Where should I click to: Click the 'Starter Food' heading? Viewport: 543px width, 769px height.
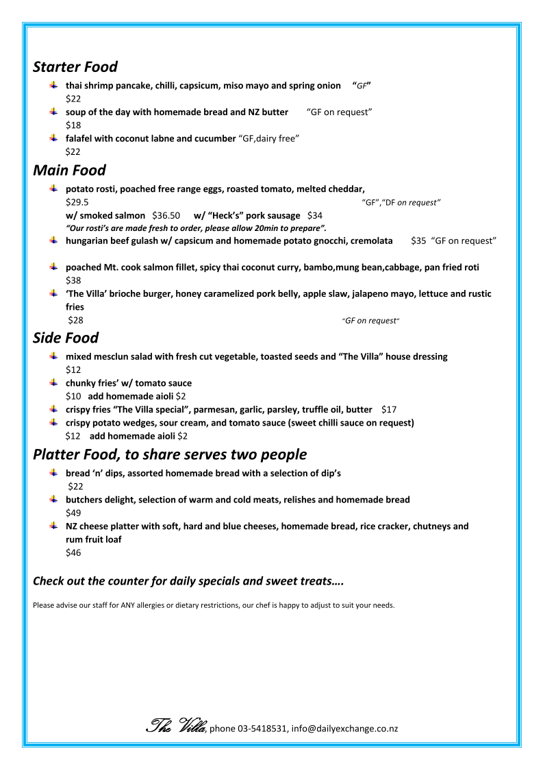tap(75, 67)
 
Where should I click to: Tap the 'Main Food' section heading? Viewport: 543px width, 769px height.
tap(69, 169)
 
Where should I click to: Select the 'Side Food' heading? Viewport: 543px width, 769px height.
tap(66, 338)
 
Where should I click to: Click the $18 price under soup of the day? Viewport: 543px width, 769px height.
tap(73, 125)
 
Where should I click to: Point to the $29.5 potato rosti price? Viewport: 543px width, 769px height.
tap(77, 202)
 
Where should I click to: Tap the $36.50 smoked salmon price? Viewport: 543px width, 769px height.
tap(166, 215)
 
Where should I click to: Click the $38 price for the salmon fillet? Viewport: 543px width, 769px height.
tap(73, 280)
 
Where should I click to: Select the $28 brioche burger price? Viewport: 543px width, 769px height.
tap(75, 319)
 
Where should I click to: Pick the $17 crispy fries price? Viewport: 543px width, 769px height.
tap(389, 409)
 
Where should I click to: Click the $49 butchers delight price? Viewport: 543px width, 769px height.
tap(73, 513)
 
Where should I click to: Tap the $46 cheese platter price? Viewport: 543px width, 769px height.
tap(73, 552)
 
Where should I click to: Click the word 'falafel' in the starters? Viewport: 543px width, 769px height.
tap(81, 138)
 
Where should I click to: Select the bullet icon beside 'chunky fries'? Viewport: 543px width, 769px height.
tap(53, 382)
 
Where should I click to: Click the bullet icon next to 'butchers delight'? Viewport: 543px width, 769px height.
tap(53, 500)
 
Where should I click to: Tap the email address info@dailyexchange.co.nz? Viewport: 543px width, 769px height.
tap(344, 729)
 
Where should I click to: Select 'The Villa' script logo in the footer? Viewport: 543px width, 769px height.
tap(177, 726)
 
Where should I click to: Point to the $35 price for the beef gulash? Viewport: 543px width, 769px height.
tap(418, 241)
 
